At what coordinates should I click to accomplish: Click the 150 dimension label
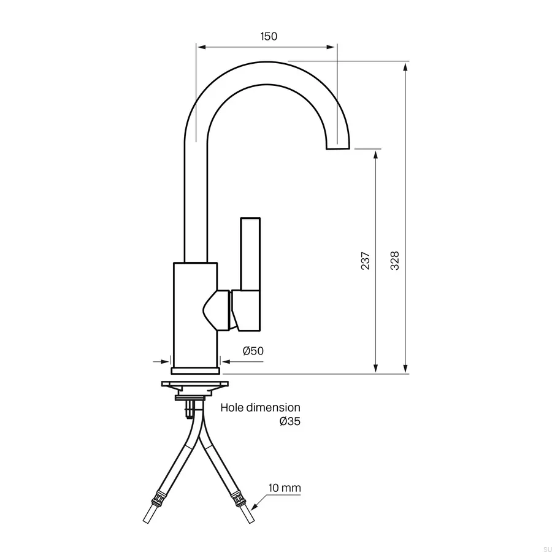point(269,36)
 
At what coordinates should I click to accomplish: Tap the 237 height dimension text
point(366,261)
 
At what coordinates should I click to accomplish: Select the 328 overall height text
point(396,261)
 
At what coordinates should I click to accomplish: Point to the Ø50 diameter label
point(253,351)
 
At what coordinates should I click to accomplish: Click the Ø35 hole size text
point(290,421)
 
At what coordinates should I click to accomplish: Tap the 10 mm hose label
point(285,488)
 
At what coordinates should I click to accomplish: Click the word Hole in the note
point(232,407)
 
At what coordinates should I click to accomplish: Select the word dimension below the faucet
point(273,407)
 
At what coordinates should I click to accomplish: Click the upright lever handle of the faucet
point(250,254)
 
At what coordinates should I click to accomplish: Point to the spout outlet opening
point(338,149)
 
